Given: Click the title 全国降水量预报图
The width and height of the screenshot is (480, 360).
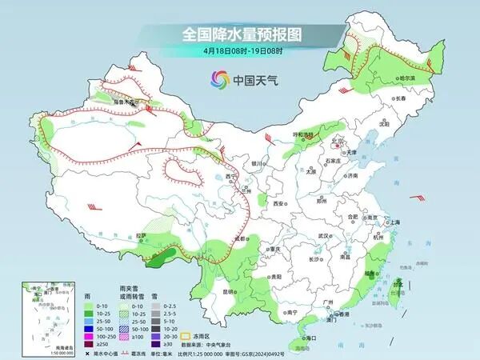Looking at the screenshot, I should pyautogui.click(x=240, y=34).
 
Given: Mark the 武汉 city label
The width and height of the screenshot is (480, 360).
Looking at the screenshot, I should pyautogui.click(x=323, y=236).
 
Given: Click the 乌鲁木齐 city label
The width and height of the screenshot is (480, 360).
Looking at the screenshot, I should pyautogui.click(x=124, y=102).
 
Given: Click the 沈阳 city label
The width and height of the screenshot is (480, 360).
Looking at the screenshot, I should pyautogui.click(x=384, y=124).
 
